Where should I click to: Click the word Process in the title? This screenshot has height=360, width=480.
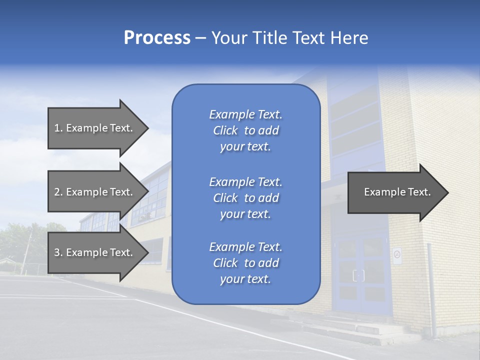[157, 38]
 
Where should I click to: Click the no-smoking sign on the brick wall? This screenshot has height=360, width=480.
[397, 255]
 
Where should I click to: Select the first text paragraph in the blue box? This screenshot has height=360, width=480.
[245, 130]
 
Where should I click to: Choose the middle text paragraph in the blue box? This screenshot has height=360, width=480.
[245, 198]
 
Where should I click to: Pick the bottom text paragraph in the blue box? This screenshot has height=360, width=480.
[245, 263]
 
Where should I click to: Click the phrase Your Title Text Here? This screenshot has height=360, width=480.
[289, 38]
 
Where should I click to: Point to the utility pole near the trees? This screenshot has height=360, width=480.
[26, 252]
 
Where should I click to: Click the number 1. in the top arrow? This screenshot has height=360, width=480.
[58, 128]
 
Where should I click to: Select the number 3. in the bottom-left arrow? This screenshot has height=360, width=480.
[58, 252]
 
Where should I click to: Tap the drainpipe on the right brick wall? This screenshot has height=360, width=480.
[430, 290]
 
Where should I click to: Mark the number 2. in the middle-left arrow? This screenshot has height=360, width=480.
[58, 192]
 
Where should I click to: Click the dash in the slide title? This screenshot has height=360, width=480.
[200, 38]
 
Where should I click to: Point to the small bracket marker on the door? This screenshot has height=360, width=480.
[358, 275]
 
